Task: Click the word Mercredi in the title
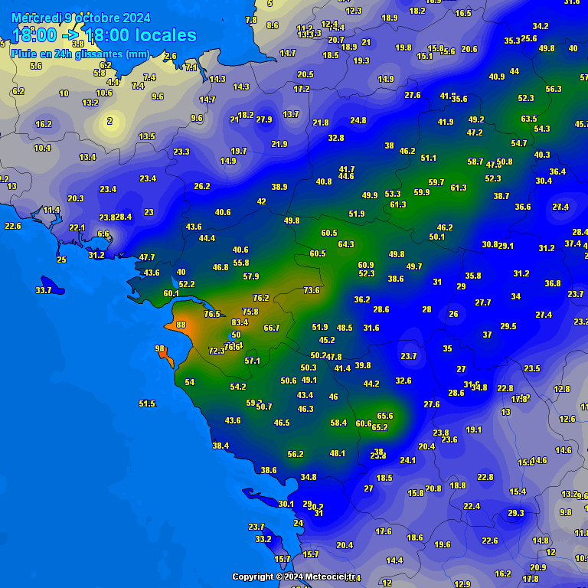click(x=37, y=18)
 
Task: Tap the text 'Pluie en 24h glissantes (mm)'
click(x=80, y=54)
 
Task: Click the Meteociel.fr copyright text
click(x=294, y=577)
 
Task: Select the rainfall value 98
click(x=160, y=348)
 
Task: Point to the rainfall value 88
click(x=181, y=325)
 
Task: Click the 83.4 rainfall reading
click(x=240, y=322)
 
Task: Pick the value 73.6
click(x=311, y=290)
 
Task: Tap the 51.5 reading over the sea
click(x=147, y=403)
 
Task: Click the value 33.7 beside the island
click(x=44, y=290)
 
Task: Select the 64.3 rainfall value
click(x=346, y=244)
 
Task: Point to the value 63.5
click(x=528, y=119)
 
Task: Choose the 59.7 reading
click(x=436, y=182)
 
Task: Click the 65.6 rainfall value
click(x=385, y=416)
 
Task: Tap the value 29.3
click(x=515, y=513)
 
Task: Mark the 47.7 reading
click(x=147, y=257)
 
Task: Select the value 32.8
click(x=336, y=138)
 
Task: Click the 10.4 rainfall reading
click(x=43, y=148)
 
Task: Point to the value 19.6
click(x=443, y=544)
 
